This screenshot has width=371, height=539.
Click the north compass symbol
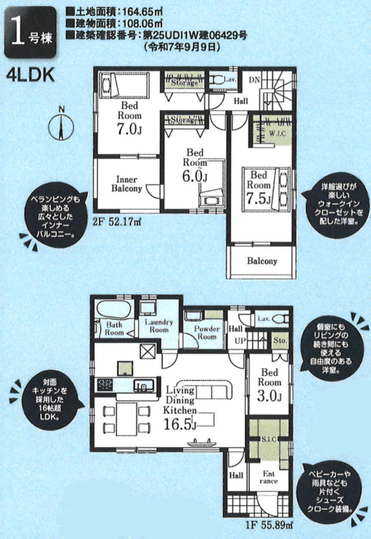tap(61, 127)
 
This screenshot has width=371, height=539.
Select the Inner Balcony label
tap(127, 184)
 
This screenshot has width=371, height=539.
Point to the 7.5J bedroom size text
tap(258, 199)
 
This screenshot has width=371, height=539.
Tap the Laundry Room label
tap(159, 326)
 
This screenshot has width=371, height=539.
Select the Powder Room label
tap(206, 333)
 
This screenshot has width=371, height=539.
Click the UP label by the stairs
tap(240, 341)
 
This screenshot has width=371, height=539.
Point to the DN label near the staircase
tap(254, 80)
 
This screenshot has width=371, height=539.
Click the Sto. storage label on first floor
tap(280, 340)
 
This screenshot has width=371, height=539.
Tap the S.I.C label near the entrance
tap(269, 439)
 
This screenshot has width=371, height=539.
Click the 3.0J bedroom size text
tap(270, 396)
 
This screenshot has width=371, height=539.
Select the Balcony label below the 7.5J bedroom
tap(262, 261)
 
